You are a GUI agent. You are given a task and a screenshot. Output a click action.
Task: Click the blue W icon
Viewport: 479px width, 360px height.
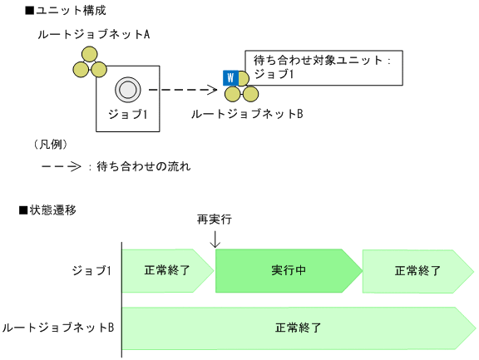tap(230, 78)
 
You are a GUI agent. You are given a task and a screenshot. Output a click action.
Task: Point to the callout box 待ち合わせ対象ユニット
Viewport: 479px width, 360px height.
tap(323, 67)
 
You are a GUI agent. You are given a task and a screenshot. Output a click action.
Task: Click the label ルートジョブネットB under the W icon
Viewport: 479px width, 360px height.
tap(246, 113)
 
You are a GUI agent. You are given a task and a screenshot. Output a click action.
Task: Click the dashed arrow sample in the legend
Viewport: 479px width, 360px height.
tap(61, 166)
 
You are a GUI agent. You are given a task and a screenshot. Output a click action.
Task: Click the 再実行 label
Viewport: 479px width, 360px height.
tap(214, 219)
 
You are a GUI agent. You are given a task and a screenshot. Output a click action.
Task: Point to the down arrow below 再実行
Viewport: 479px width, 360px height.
tap(215, 239)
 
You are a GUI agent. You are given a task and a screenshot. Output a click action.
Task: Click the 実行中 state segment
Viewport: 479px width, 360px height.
tap(288, 270)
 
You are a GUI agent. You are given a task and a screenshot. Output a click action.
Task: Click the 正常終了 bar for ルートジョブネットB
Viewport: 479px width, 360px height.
tap(297, 328)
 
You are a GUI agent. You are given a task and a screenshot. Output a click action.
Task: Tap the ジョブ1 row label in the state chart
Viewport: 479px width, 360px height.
tap(91, 270)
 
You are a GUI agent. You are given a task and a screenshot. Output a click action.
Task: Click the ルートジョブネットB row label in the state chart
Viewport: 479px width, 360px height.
tap(58, 328)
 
